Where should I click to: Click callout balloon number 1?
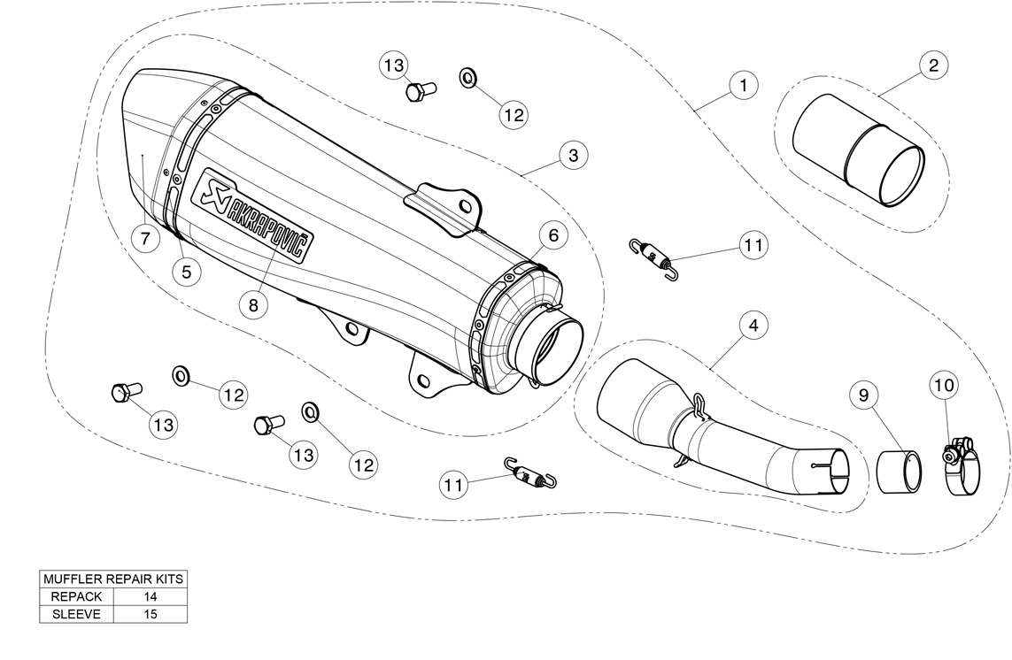[x=743, y=85]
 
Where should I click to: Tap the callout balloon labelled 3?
[x=573, y=156]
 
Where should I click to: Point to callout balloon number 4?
[x=753, y=326]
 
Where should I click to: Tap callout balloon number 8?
[x=252, y=304]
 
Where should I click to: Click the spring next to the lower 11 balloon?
[x=529, y=472]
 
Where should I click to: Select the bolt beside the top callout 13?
[x=420, y=90]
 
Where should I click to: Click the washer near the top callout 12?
[x=467, y=78]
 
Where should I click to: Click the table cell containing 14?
[x=150, y=596]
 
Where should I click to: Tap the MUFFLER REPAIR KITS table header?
[x=113, y=579]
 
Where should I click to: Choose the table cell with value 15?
[x=150, y=613]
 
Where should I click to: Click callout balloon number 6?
[x=552, y=235]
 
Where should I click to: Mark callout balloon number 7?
[x=144, y=237]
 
